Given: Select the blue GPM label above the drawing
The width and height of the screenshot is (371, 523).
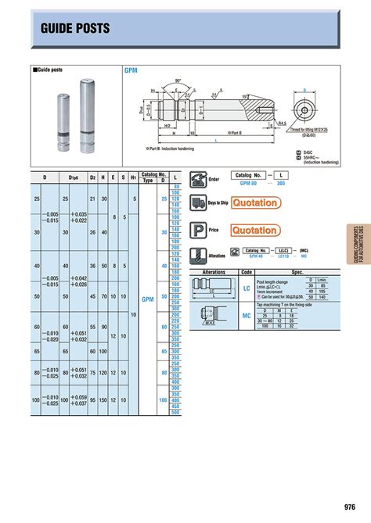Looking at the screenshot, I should pos(131,70).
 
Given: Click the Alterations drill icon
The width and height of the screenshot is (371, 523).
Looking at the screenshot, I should pos(198,255).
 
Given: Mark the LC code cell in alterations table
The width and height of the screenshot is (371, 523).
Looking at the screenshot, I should pos(247,288).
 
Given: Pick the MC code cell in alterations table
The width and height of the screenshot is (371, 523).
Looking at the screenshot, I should pos(247,317).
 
